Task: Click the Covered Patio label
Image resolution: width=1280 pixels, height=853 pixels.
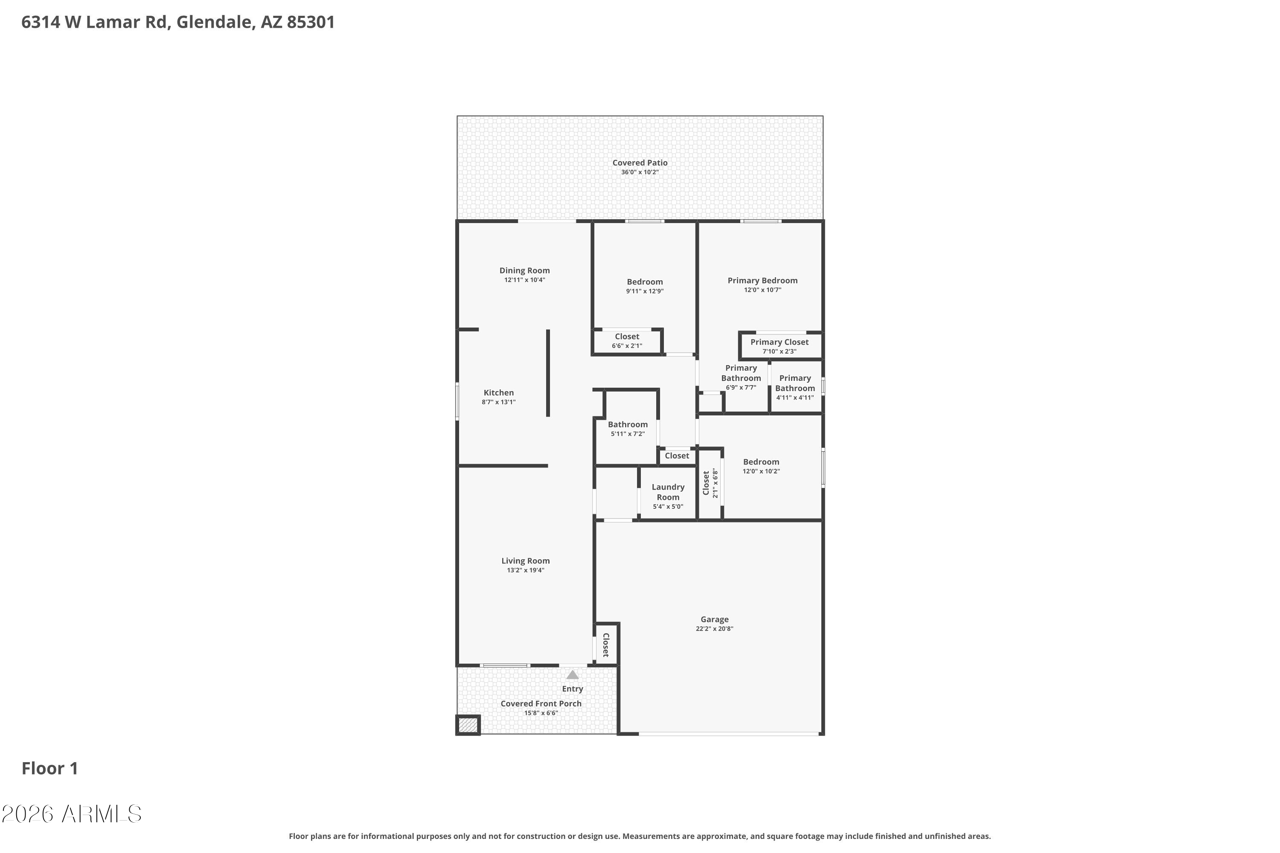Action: (x=640, y=162)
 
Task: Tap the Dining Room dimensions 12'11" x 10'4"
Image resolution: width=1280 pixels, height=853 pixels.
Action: (x=524, y=280)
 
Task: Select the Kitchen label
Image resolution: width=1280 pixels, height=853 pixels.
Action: (x=498, y=393)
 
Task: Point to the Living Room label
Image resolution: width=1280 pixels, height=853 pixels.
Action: (x=525, y=561)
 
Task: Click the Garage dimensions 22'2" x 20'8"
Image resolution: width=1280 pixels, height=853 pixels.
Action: (x=714, y=629)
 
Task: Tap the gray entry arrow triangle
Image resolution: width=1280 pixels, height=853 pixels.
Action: (x=573, y=675)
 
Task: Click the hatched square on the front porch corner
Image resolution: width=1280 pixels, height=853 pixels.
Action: (x=468, y=725)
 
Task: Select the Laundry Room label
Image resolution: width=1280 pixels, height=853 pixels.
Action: (x=668, y=492)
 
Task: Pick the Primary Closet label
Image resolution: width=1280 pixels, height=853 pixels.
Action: (x=780, y=342)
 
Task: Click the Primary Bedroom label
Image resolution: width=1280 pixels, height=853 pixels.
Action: (x=762, y=281)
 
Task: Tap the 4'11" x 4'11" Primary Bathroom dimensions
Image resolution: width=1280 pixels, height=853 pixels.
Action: (x=794, y=397)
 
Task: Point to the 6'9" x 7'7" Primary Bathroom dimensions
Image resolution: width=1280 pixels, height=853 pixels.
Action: (x=741, y=388)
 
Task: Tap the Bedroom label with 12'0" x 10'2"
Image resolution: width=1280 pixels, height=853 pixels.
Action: (x=761, y=462)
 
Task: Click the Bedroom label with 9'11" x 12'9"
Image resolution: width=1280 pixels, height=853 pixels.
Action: (x=644, y=282)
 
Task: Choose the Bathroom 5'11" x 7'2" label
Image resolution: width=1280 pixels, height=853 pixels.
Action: (x=628, y=425)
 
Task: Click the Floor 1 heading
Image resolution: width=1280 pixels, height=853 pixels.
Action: (x=50, y=769)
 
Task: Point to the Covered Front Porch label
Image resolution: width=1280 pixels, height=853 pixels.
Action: (x=541, y=704)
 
